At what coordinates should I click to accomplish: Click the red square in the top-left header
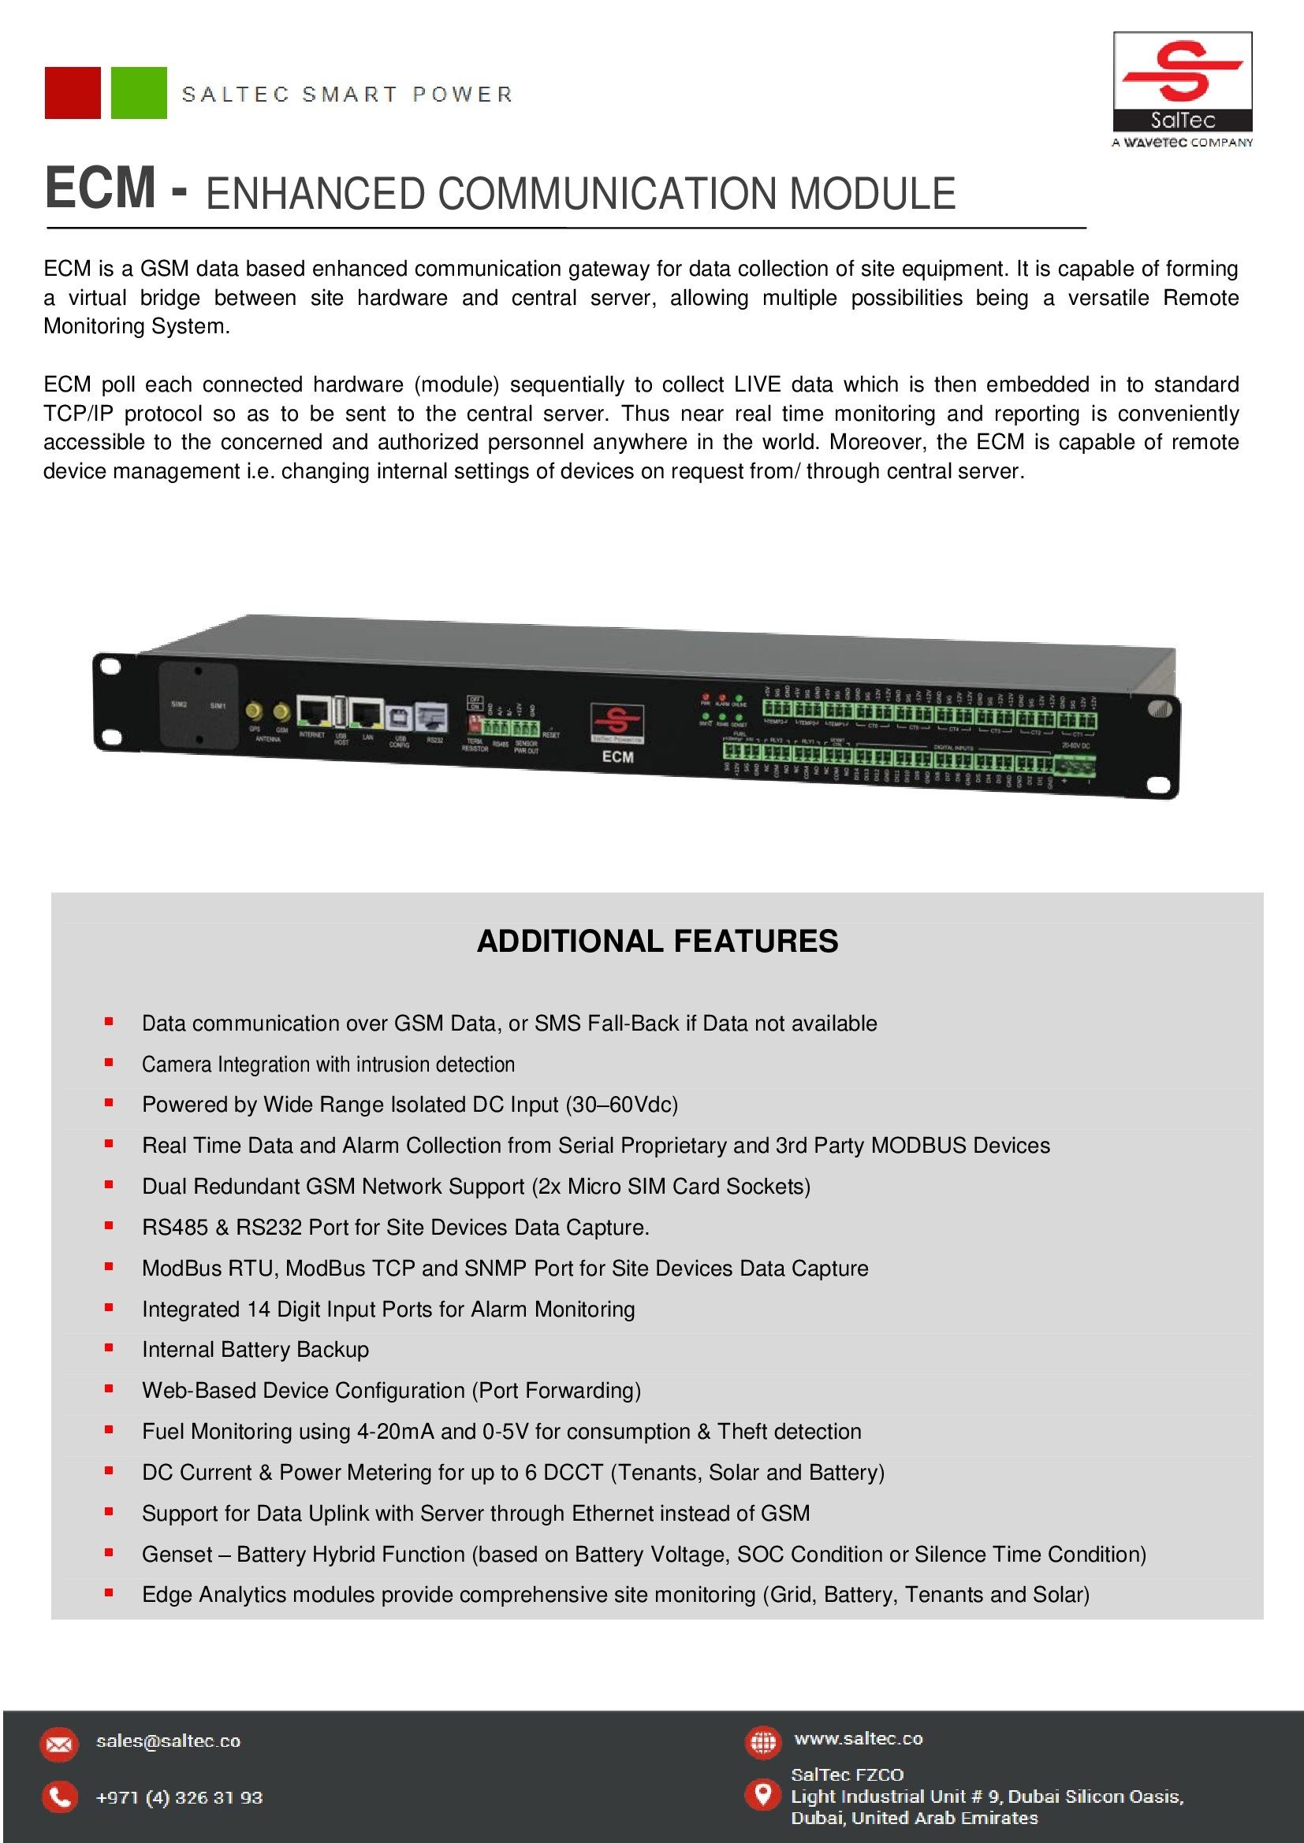pyautogui.click(x=73, y=93)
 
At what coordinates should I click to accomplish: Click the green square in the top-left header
pyautogui.click(x=138, y=93)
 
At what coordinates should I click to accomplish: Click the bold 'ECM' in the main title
pyautogui.click(x=99, y=189)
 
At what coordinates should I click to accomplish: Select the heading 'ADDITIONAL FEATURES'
pyautogui.click(x=657, y=941)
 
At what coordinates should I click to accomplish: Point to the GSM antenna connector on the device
pyautogui.click(x=281, y=712)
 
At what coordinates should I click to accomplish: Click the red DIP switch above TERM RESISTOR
pyautogui.click(x=475, y=725)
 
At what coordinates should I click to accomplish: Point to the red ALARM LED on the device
pyautogui.click(x=722, y=697)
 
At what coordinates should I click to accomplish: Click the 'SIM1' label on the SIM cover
pyautogui.click(x=218, y=705)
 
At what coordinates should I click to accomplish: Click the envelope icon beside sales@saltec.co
pyautogui.click(x=59, y=1745)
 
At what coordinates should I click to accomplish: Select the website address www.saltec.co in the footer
pyautogui.click(x=859, y=1739)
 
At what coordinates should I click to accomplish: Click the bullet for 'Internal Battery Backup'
pyautogui.click(x=108, y=1347)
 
